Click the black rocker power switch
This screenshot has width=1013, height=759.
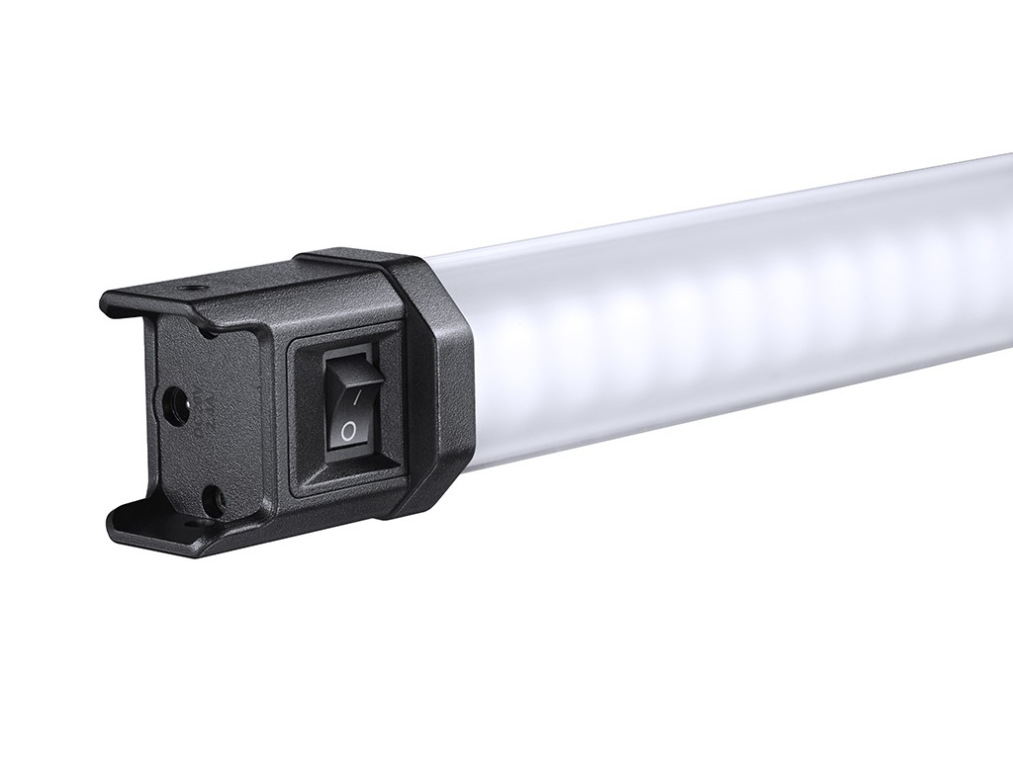coord(349,403)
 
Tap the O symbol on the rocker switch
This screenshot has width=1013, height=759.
coord(347,430)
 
